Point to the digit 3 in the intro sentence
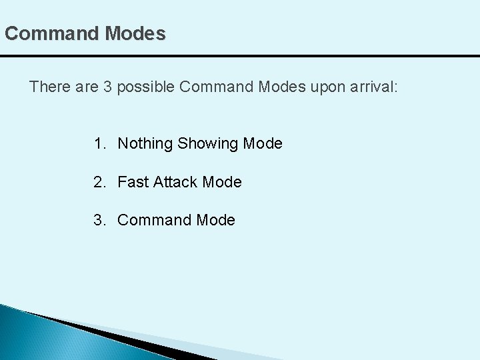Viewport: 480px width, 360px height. (x=108, y=87)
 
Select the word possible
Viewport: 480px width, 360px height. (x=146, y=87)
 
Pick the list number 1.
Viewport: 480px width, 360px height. (x=99, y=143)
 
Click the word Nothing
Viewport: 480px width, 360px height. (x=145, y=144)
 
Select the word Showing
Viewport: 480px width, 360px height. (x=209, y=144)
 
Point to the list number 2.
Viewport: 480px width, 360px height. (x=99, y=181)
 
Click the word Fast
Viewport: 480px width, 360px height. (x=133, y=181)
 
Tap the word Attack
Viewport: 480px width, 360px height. (x=175, y=181)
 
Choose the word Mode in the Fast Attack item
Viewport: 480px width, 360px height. (x=222, y=181)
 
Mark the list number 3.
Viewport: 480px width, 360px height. (x=99, y=220)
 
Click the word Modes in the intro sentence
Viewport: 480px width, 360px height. (x=283, y=87)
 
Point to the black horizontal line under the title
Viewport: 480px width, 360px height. (x=240, y=56)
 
